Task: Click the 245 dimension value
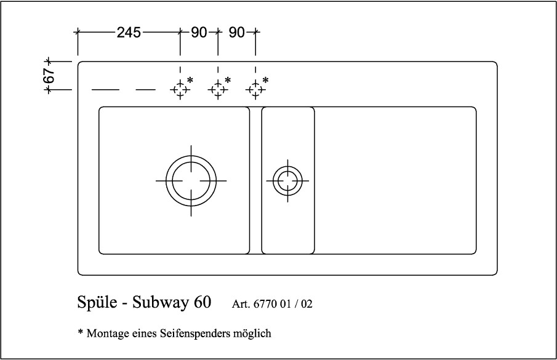(129, 33)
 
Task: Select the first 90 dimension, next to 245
(198, 33)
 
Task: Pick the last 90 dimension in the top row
(237, 33)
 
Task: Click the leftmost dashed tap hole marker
(180, 90)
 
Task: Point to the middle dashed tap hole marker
(218, 90)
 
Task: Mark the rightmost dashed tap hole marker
(256, 90)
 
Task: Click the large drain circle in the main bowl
(191, 181)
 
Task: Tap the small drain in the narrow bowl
(287, 181)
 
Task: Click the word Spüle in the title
(96, 303)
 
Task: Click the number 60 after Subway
(202, 303)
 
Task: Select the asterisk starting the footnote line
(81, 332)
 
